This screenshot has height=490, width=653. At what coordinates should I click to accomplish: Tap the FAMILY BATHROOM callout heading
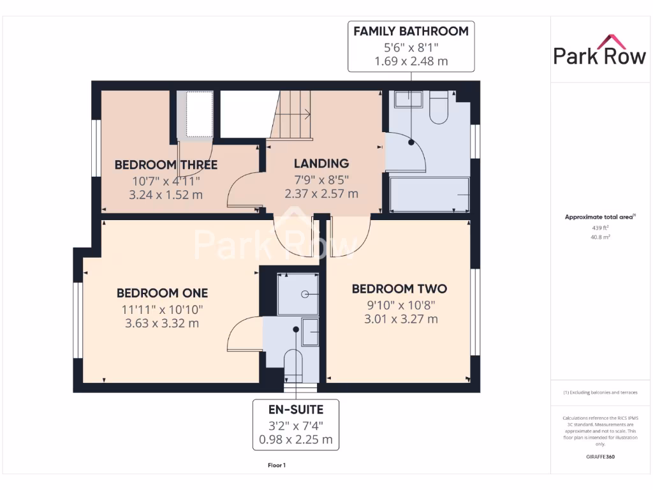411,31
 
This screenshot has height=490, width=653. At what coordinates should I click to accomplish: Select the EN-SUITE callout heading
295,410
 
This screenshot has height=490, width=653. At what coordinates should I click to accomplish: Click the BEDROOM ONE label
162,293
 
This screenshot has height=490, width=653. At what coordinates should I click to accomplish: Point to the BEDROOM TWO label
400,289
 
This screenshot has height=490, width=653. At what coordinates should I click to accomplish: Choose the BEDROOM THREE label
166,165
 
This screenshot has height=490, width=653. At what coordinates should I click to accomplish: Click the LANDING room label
321,163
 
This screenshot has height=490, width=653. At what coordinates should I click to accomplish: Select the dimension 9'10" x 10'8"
400,304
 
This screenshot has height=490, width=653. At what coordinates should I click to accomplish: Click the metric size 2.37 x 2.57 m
321,193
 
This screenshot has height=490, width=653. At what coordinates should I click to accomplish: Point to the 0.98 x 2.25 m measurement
295,439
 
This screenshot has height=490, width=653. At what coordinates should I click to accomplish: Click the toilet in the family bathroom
439,107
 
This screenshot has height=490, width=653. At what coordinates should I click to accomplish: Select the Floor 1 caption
277,465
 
